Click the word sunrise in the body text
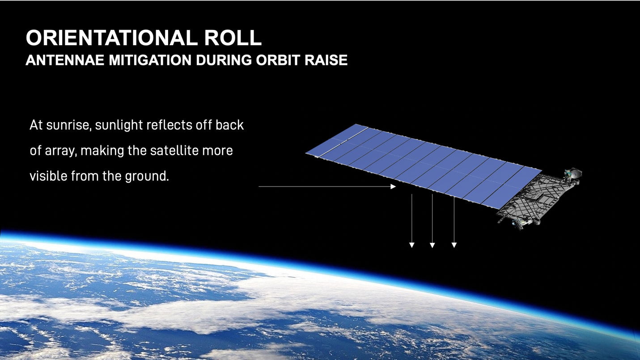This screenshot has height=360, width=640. click(x=68, y=125)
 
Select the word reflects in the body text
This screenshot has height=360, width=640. click(x=169, y=125)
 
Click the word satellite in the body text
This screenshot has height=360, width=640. click(x=174, y=151)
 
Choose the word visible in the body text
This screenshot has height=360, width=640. click(x=49, y=176)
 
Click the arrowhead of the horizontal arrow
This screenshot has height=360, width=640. click(x=394, y=186)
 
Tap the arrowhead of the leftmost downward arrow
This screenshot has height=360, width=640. click(x=412, y=245)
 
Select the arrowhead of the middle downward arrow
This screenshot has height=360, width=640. click(x=432, y=245)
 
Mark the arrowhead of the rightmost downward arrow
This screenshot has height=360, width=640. click(x=454, y=245)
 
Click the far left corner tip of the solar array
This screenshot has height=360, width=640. click(x=305, y=153)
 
